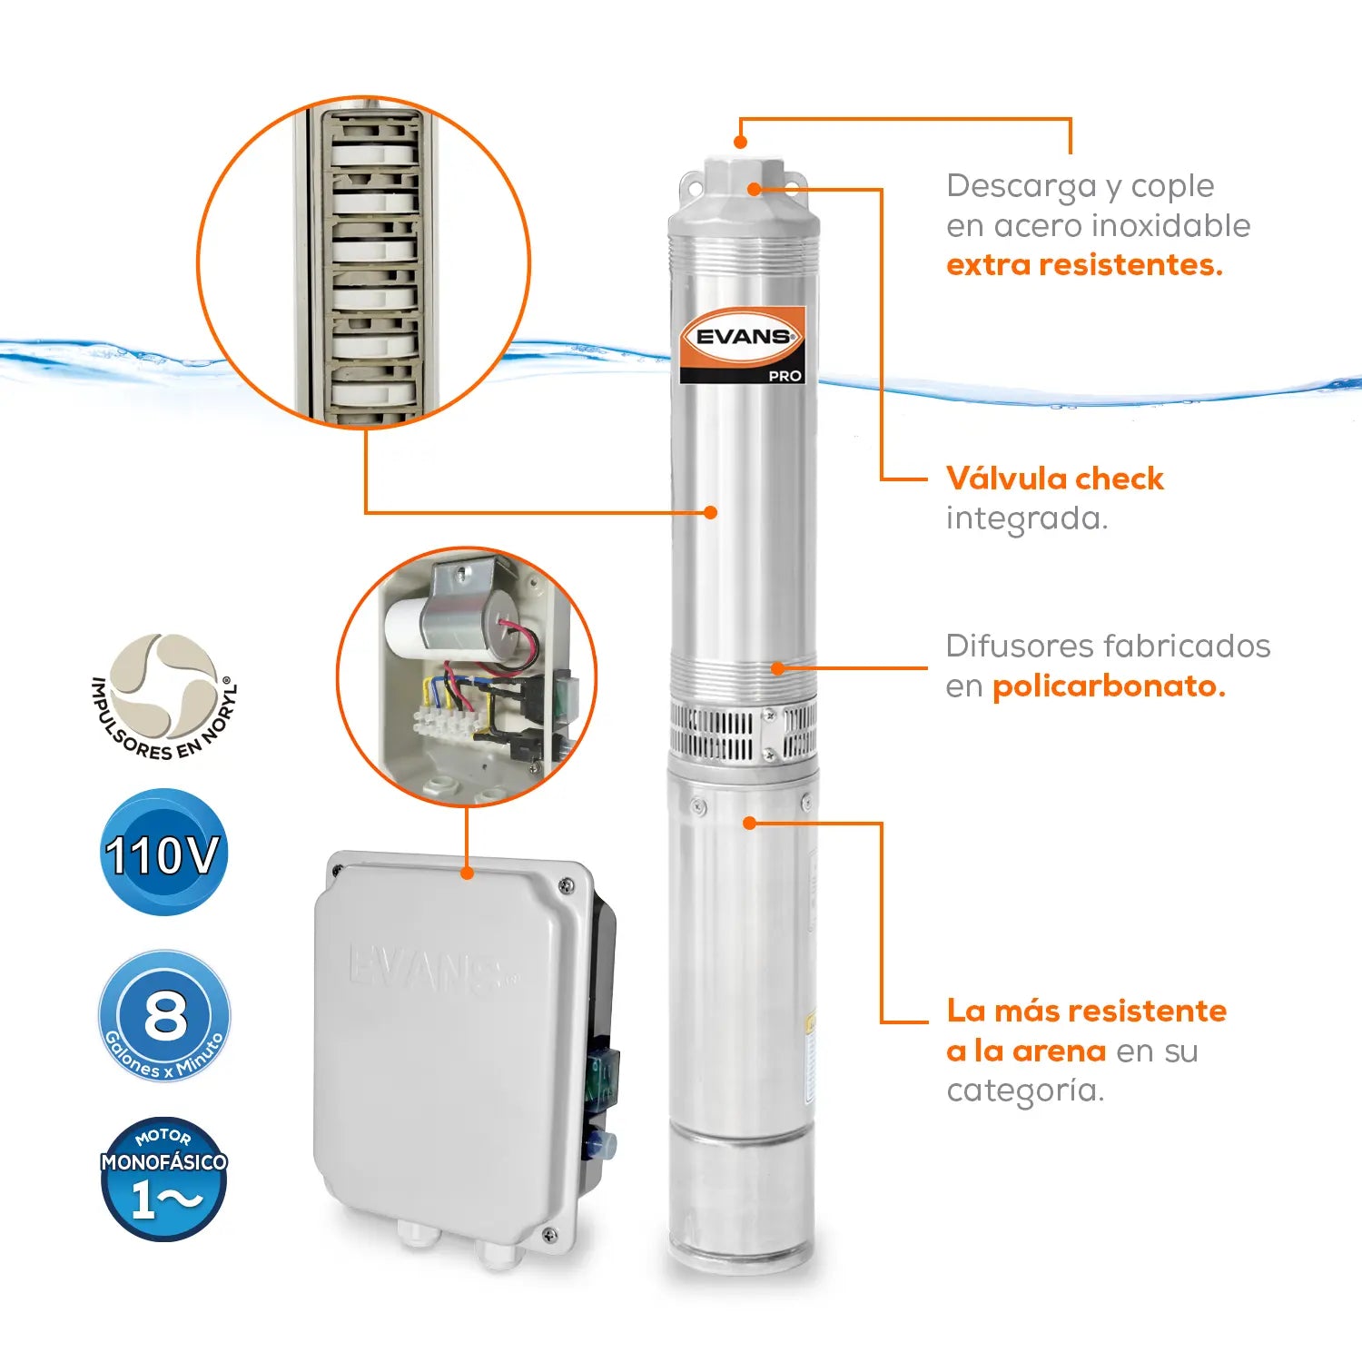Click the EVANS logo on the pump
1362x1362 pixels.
pos(743,337)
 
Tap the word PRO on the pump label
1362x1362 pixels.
pos(785,375)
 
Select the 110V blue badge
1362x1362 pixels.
pos(163,854)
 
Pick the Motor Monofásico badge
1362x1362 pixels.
pos(163,1179)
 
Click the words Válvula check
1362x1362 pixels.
pos(1054,478)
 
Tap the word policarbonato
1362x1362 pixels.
pos(1109,686)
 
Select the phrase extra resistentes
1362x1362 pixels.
pos(1084,264)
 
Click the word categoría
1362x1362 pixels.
pos(1025,1090)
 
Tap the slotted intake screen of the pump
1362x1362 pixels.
pos(743,732)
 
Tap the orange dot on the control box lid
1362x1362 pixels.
pos(467,873)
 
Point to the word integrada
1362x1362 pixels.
pos(1027,519)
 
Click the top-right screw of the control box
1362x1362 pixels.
pos(566,884)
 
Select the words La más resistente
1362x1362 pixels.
pos(1087,1011)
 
